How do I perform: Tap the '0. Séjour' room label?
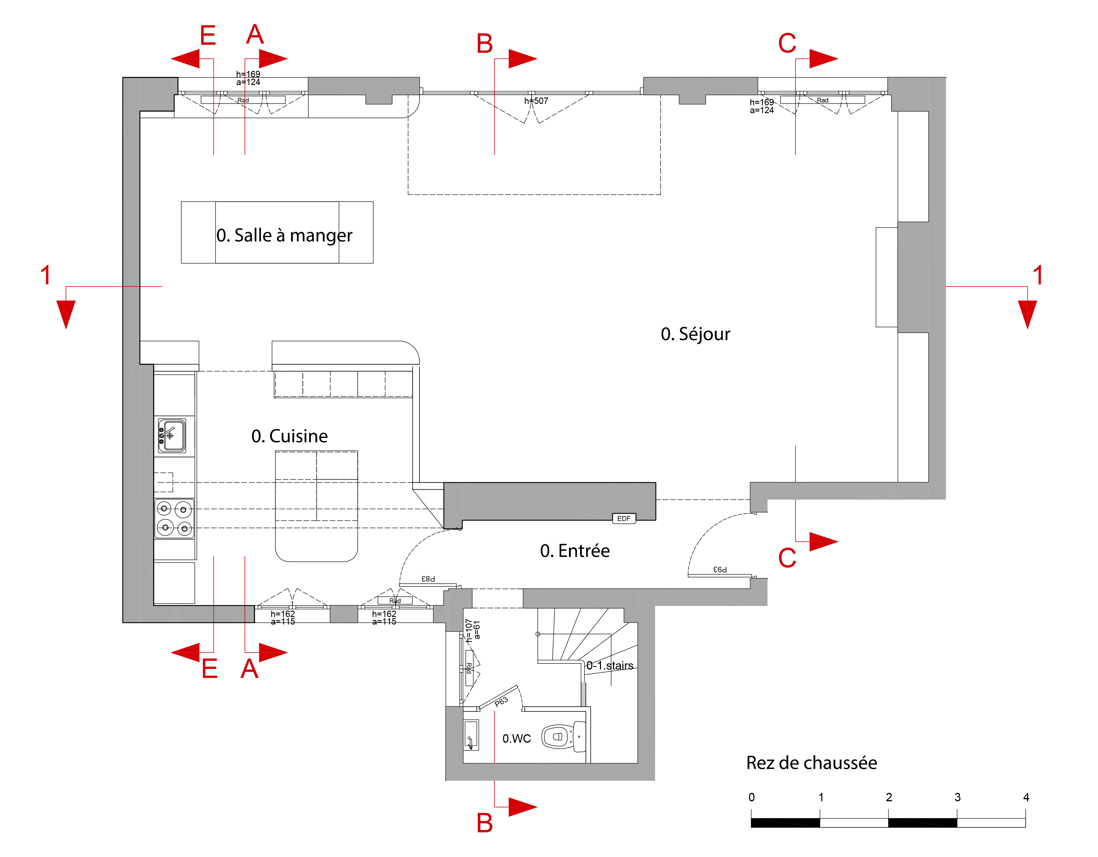click(x=695, y=334)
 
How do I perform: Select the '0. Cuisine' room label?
click(x=290, y=436)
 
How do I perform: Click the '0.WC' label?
click(x=516, y=738)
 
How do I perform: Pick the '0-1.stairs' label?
click(x=610, y=666)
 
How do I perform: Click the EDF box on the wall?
click(x=624, y=518)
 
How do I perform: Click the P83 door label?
click(x=428, y=579)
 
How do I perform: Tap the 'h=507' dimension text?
click(x=536, y=101)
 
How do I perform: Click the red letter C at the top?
click(x=787, y=43)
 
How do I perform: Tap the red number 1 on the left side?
click(x=46, y=275)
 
